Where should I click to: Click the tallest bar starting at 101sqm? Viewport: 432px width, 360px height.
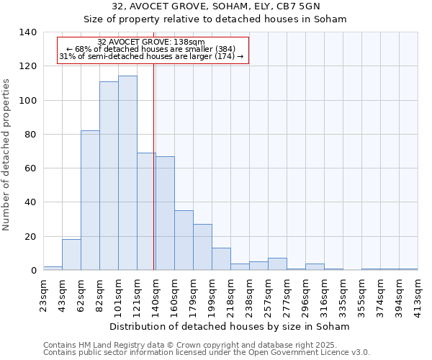coord(127,173)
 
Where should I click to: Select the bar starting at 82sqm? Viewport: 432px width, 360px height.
coord(109,176)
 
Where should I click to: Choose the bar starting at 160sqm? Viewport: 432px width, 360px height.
coord(184,240)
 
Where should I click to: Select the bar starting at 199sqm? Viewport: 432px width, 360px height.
coord(221,259)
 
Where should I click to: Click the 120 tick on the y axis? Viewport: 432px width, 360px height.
coord(30,66)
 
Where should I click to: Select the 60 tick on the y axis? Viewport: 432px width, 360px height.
coord(32,168)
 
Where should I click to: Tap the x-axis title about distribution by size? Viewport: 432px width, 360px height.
coord(230,326)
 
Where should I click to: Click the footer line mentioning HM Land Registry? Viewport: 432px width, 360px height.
coord(190,346)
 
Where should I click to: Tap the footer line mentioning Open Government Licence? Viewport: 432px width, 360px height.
coord(207,353)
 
